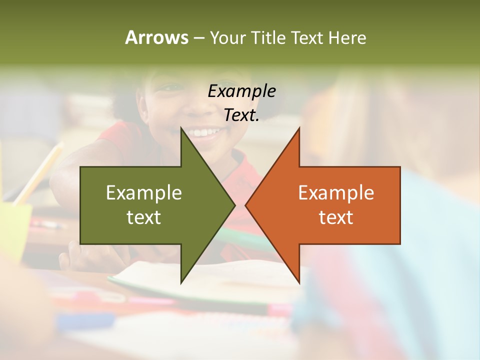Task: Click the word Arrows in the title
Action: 156,37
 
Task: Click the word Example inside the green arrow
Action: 144,193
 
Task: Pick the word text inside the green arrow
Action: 144,217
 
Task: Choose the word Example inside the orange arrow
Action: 336,193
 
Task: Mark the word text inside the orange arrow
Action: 336,217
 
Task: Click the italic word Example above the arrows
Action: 241,91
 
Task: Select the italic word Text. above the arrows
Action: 241,115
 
